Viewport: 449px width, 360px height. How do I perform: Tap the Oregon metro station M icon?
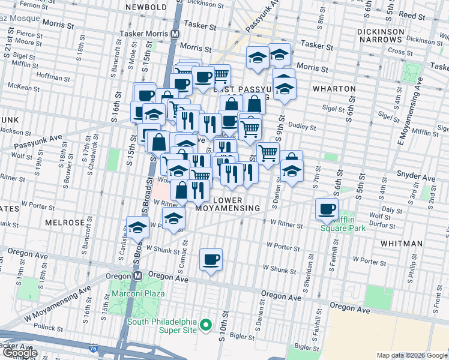click(x=137, y=275)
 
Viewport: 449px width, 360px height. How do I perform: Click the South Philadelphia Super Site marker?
click(x=206, y=325)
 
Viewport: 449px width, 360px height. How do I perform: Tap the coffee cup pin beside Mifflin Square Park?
click(x=327, y=209)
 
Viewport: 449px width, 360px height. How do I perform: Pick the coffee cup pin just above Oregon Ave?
click(x=211, y=260)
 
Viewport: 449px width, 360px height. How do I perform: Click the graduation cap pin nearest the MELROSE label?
click(x=137, y=227)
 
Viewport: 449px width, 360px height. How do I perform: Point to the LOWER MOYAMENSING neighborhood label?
click(x=229, y=203)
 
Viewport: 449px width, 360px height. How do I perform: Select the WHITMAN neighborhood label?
click(x=402, y=244)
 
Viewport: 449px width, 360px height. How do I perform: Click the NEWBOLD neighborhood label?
click(x=146, y=7)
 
